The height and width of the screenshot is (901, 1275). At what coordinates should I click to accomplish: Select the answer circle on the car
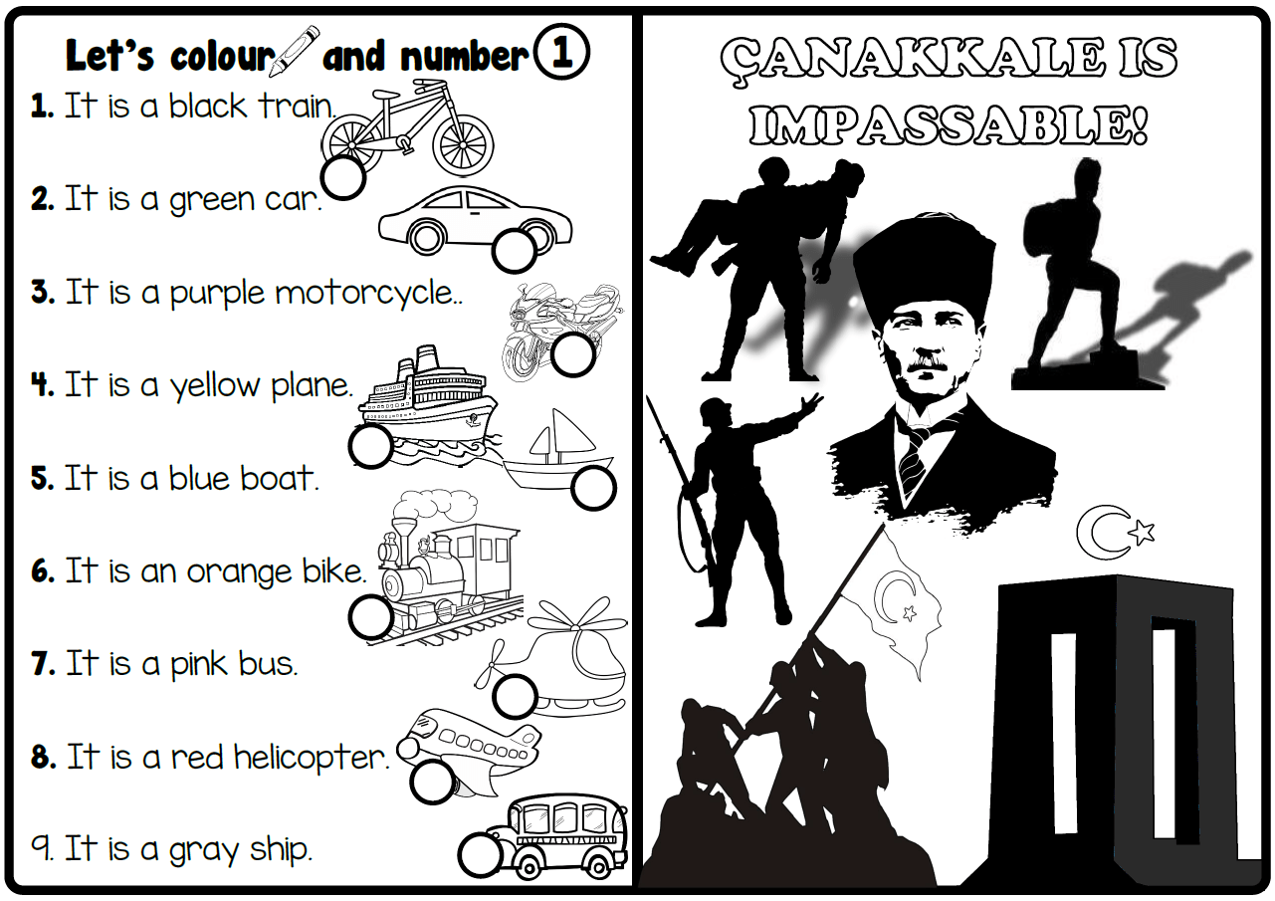[x=515, y=250]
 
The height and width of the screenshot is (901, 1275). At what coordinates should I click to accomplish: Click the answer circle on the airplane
[x=432, y=781]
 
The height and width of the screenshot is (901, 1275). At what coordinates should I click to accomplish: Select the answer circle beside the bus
[x=481, y=854]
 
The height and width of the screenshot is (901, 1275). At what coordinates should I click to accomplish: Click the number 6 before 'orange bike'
[x=41, y=571]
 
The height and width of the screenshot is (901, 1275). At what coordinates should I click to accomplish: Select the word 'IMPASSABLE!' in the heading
[x=948, y=125]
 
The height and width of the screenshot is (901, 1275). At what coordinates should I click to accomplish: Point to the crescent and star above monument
[x=1115, y=534]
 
